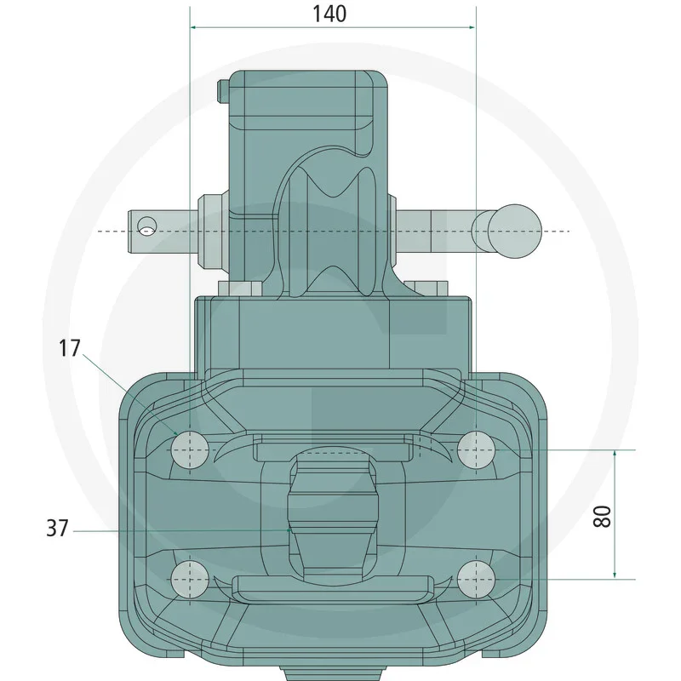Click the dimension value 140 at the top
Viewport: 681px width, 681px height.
pos(329,14)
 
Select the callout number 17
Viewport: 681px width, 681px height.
pos(70,348)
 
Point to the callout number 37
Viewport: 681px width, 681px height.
pos(57,528)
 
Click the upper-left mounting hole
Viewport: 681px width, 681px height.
pos(190,450)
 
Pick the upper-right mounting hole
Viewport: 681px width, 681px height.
pos(477,450)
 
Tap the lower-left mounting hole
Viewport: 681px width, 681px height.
pos(190,580)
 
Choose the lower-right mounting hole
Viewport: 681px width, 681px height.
pos(477,580)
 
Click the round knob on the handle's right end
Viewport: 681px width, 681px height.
pos(515,231)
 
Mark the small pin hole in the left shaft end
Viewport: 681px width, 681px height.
pos(147,226)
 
